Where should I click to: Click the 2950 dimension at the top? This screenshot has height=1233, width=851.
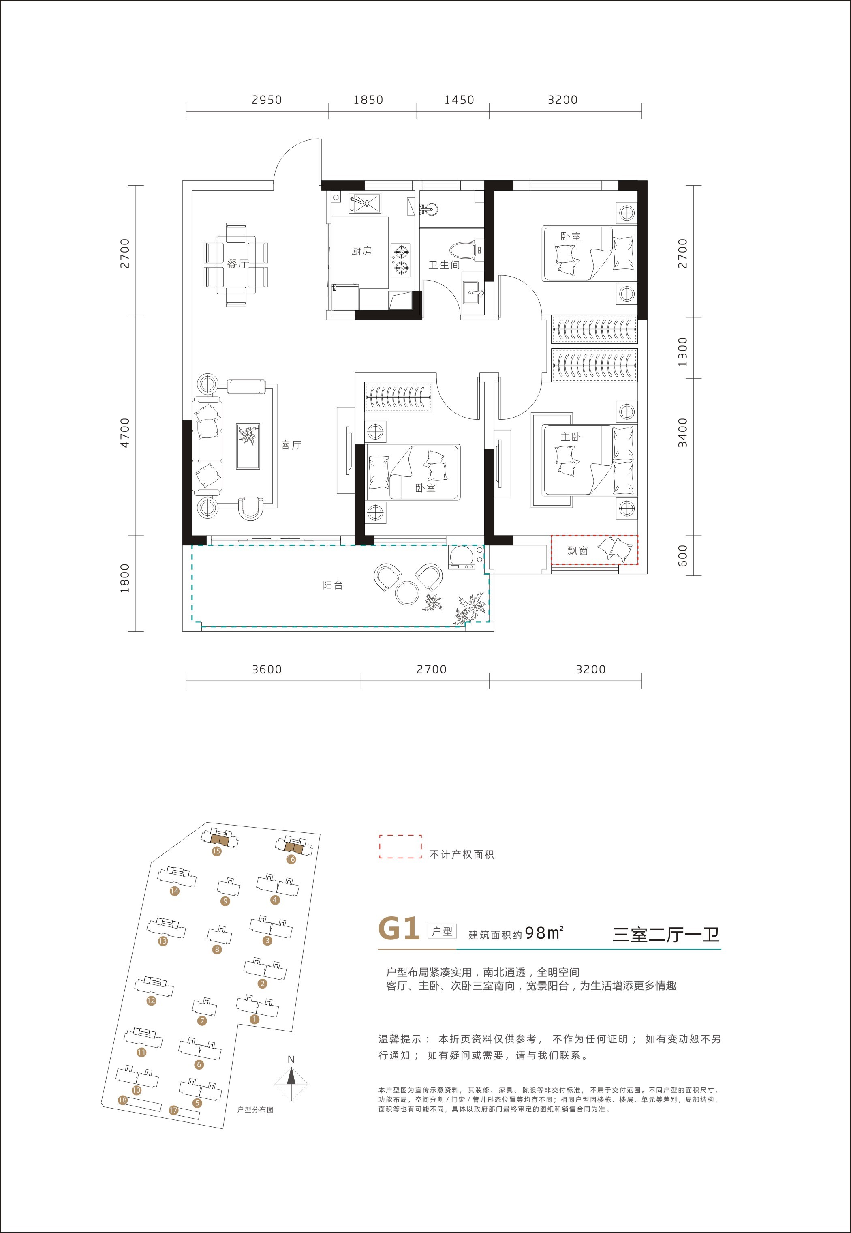click(x=267, y=100)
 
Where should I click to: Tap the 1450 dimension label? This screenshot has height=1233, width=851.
click(x=459, y=100)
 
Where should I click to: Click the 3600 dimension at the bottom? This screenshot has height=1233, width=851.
click(x=267, y=669)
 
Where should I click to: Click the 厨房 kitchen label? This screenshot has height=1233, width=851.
click(x=361, y=251)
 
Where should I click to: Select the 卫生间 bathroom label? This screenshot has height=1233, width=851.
click(x=444, y=265)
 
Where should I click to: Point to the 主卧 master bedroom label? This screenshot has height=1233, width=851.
click(x=571, y=436)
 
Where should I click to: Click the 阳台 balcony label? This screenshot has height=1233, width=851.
click(x=333, y=585)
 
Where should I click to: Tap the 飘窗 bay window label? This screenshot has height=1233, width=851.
click(x=577, y=550)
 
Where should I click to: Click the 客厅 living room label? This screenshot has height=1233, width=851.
click(x=291, y=444)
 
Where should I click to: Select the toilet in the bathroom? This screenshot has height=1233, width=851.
click(x=466, y=250)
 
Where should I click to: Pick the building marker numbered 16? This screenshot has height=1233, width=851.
click(x=291, y=859)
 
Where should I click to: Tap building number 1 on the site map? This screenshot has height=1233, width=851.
click(x=254, y=1019)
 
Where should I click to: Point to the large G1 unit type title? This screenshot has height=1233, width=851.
click(x=399, y=929)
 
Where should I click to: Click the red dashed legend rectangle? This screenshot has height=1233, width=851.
click(x=400, y=847)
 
